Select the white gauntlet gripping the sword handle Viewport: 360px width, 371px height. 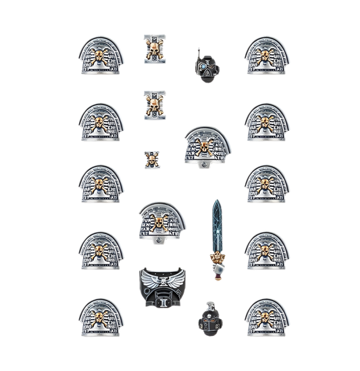(217, 266)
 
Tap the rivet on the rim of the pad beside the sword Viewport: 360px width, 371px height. (159, 239)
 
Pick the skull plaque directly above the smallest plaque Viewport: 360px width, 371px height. (153, 105)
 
